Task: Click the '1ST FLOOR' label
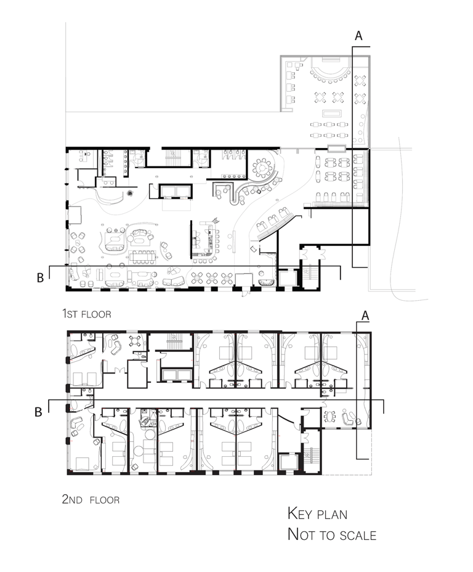(86, 314)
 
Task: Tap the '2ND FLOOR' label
(91, 499)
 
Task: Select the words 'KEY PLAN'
(317, 513)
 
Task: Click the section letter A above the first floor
(358, 36)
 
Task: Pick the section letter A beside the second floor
(365, 316)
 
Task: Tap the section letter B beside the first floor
(40, 278)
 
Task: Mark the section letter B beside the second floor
(38, 412)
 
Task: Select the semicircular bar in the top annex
(331, 71)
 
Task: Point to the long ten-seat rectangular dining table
(142, 257)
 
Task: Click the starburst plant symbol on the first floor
(130, 194)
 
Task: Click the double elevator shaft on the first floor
(176, 191)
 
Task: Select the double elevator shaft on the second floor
(176, 375)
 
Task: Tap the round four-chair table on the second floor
(134, 341)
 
